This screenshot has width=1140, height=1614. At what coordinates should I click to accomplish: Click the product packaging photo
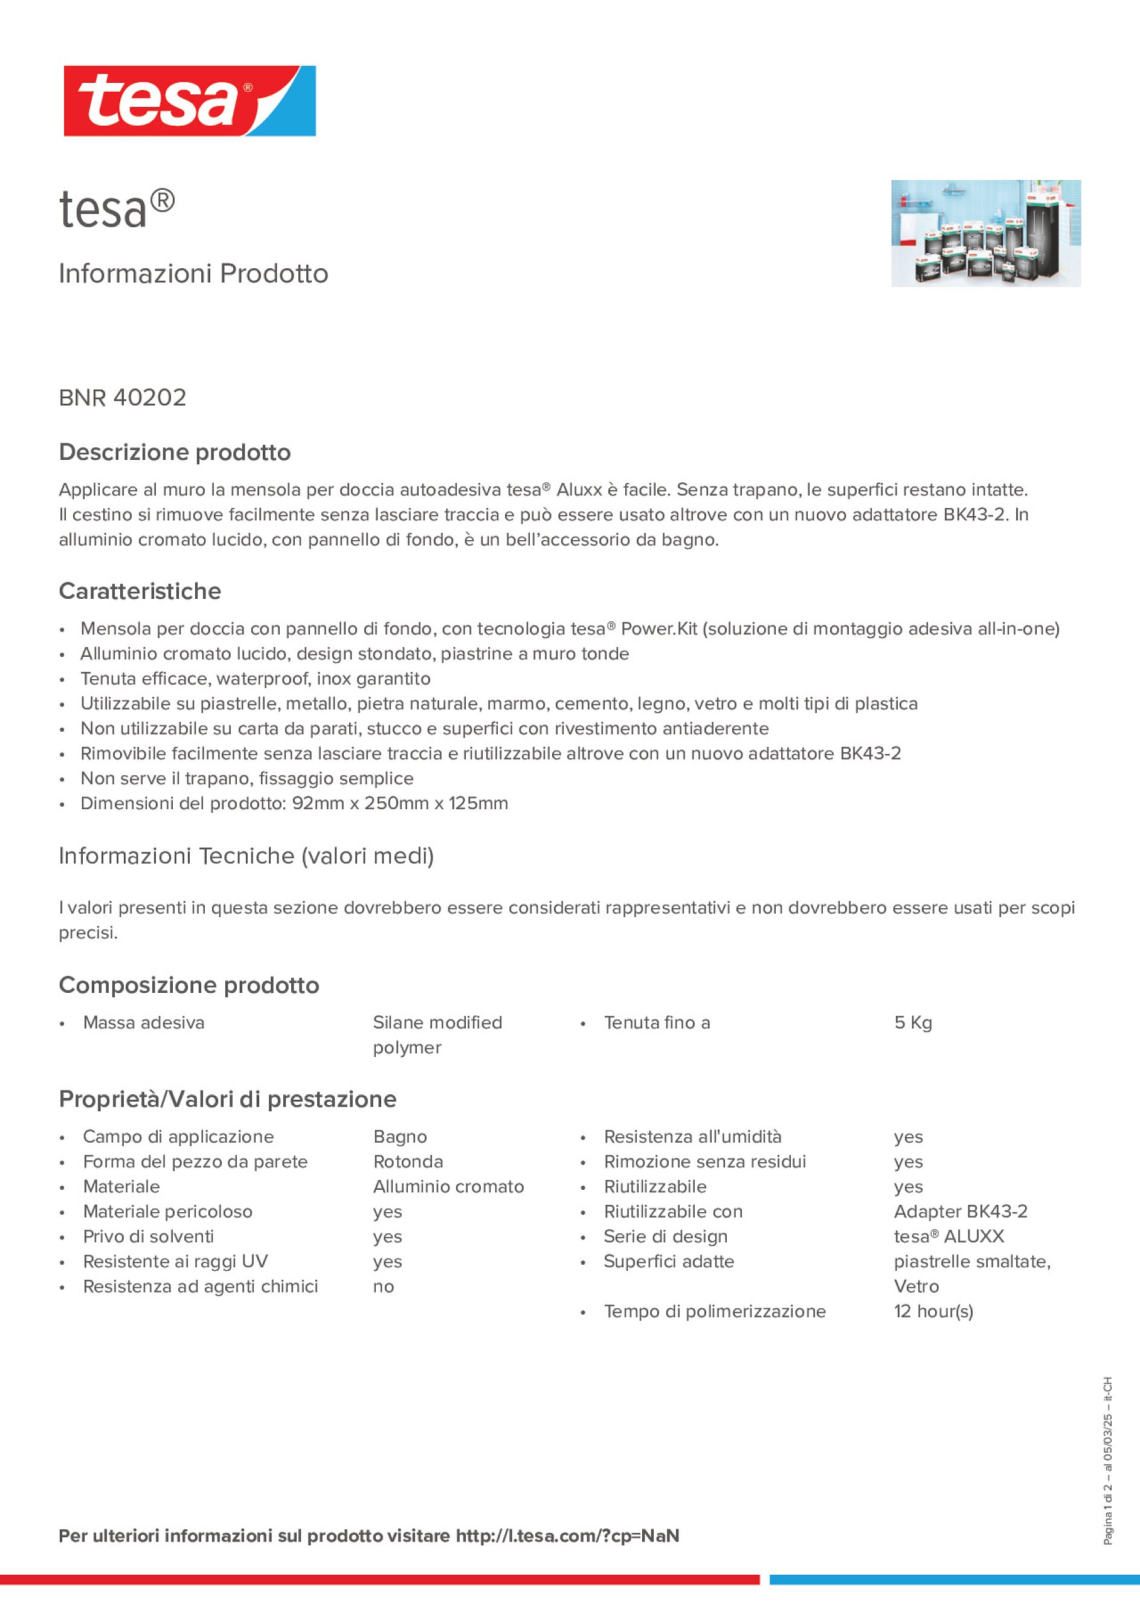pyautogui.click(x=985, y=233)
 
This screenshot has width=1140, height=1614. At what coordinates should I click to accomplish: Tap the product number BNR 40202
pyautogui.click(x=122, y=398)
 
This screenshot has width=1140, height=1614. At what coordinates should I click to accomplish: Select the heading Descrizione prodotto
pyautogui.click(x=175, y=452)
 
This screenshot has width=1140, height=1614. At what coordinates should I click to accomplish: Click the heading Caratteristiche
pyautogui.click(x=140, y=591)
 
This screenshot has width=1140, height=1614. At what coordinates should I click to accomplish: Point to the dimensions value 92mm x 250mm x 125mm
pyautogui.click(x=399, y=803)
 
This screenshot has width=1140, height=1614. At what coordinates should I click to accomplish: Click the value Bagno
pyautogui.click(x=400, y=1137)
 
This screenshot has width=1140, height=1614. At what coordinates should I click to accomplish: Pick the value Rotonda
pyautogui.click(x=408, y=1161)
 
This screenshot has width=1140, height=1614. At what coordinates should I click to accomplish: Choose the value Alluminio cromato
pyautogui.click(x=448, y=1187)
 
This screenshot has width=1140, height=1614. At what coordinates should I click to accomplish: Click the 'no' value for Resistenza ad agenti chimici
pyautogui.click(x=383, y=1286)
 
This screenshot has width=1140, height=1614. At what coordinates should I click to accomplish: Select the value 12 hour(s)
pyautogui.click(x=933, y=1311)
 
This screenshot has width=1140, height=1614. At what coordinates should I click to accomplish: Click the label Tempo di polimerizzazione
pyautogui.click(x=714, y=1311)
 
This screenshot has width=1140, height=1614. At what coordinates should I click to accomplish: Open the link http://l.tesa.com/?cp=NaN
pyautogui.click(x=567, y=1535)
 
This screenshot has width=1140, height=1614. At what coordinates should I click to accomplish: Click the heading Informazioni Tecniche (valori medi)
pyautogui.click(x=246, y=856)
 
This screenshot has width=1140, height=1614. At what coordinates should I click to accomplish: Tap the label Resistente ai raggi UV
pyautogui.click(x=175, y=1261)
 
